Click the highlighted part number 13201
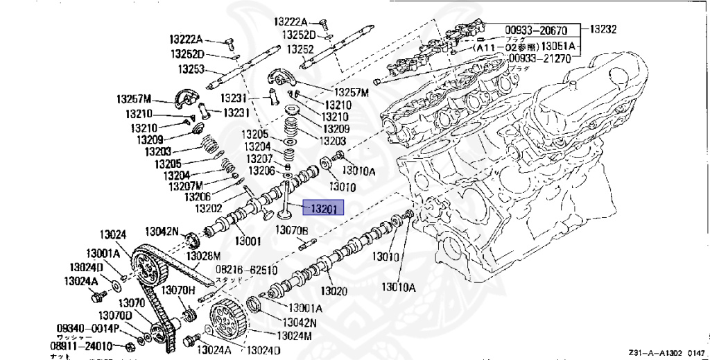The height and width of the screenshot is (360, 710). [x=324, y=208]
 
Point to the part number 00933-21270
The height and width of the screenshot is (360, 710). [x=539, y=60]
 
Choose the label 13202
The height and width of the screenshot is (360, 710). [x=208, y=208]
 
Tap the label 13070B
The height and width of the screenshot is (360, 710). [x=291, y=230]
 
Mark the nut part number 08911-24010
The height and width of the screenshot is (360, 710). [x=80, y=345]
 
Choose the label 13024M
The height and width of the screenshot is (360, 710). [x=295, y=336]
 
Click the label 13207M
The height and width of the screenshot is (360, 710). [x=184, y=186]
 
